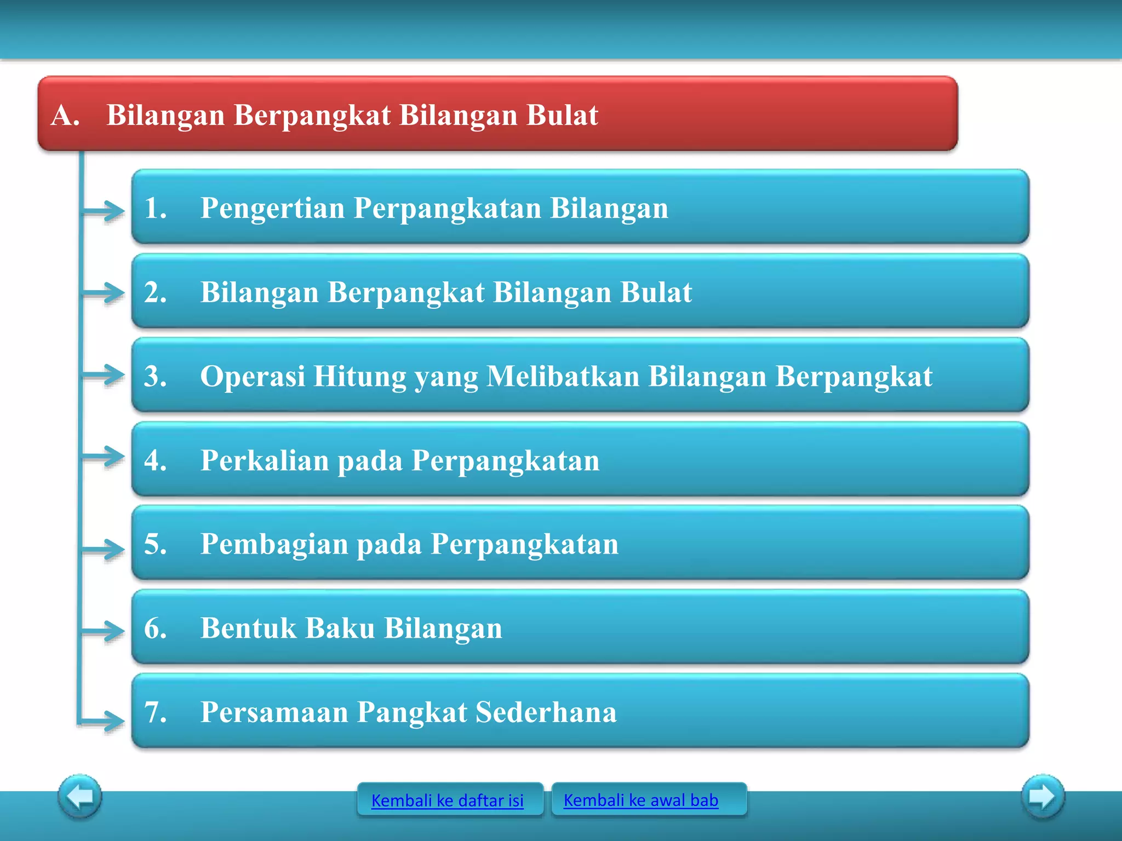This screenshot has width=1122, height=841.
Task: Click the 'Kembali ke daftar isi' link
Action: pos(447,800)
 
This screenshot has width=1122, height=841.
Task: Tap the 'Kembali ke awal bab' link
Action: pos(640,800)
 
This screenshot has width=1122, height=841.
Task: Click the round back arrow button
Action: pos(80,796)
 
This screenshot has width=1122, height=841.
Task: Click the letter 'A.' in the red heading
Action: pos(66,115)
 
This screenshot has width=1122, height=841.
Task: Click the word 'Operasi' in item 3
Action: pos(253,376)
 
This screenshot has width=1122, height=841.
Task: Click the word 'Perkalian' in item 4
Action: pos(265,460)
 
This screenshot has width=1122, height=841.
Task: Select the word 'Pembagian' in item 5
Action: pos(274,544)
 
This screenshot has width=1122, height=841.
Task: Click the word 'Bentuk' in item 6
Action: pos(248,628)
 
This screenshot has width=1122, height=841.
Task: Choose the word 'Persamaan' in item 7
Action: pos(274,712)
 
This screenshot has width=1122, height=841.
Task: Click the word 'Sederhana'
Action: pos(546,712)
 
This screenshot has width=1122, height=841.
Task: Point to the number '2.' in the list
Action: pos(156,292)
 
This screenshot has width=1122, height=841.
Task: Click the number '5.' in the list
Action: pos(156,544)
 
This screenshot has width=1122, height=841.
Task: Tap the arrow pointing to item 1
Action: pos(104,211)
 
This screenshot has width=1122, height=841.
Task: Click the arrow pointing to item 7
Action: pos(104,720)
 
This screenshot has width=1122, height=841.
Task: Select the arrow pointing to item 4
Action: pos(104,457)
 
